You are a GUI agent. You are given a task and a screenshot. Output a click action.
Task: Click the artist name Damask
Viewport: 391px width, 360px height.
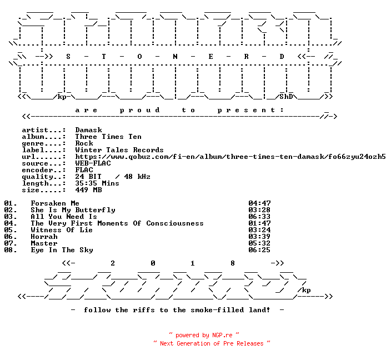88,130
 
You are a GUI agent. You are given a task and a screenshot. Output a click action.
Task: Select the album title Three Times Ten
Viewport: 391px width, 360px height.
108,137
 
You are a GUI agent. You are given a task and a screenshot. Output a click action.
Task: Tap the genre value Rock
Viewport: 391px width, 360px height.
84,143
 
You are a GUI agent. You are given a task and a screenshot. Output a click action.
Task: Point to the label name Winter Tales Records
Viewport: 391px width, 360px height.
119,150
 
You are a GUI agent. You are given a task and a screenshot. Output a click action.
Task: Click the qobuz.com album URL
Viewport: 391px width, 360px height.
230,157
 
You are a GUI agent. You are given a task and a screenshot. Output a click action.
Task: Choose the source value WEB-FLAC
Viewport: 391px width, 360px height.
93,163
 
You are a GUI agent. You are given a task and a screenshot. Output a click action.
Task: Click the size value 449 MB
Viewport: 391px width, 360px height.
88,190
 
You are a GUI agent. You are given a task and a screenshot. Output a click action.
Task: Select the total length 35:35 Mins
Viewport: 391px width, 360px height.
97,183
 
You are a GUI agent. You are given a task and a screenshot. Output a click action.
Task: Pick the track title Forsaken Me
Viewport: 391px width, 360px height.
55,203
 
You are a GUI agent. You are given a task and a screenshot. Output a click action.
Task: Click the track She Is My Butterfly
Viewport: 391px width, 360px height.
73,210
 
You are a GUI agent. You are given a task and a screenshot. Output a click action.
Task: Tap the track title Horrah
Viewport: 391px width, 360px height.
44,237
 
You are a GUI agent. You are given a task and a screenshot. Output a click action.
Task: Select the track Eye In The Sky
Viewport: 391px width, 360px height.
62,250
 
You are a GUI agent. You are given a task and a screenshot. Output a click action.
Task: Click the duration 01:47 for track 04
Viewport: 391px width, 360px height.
259,223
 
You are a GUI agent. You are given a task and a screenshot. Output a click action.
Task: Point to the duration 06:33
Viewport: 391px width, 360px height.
259,217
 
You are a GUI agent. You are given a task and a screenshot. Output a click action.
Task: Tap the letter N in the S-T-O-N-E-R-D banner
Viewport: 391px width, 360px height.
175,57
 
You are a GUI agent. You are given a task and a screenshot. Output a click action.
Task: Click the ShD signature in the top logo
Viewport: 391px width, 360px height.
286,97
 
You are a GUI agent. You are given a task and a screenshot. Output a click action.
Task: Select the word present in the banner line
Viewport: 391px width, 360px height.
247,110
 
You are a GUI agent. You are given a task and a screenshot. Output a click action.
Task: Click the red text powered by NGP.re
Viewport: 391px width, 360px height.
204,335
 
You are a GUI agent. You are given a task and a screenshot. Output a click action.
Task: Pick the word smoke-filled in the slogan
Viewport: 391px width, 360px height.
217,310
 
